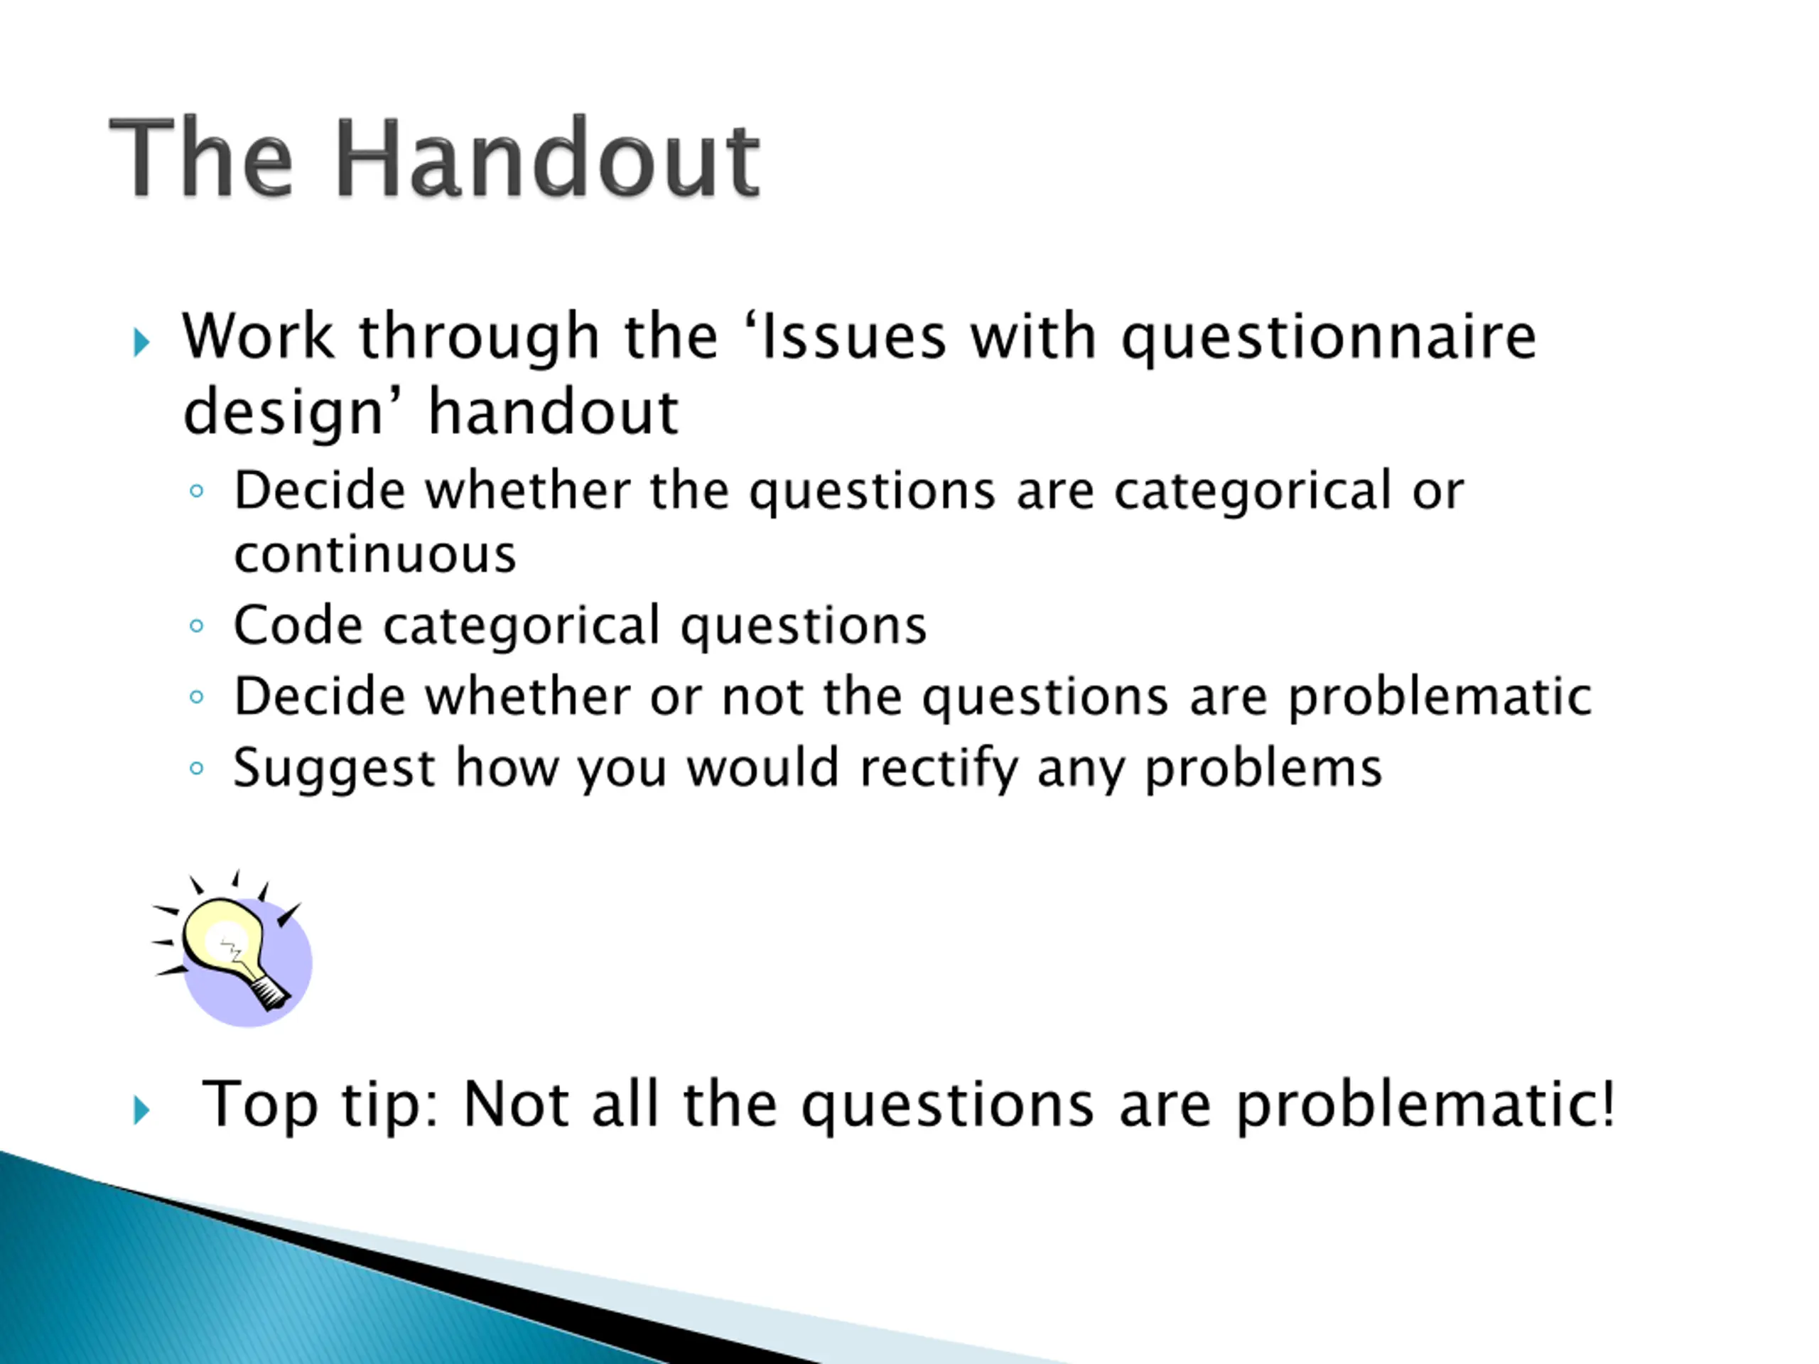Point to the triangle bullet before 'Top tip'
141,1110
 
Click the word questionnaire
1329,338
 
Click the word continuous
375,555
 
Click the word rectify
939,769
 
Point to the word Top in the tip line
261,1105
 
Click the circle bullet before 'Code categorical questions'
195,627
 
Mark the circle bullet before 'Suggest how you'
195,769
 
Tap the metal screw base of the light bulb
270,992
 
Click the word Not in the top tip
516,1103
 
